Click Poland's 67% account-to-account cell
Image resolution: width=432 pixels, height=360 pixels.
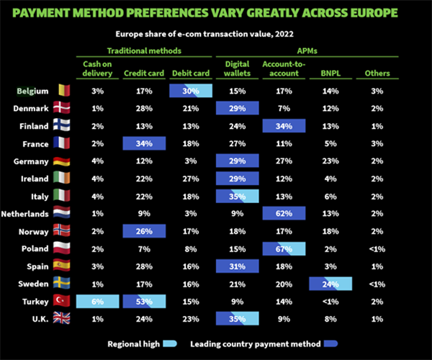[284, 249]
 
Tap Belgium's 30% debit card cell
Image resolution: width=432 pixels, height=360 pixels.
[191, 91]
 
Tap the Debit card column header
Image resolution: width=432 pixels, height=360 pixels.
[191, 73]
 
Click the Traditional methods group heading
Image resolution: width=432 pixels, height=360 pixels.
[144, 51]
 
